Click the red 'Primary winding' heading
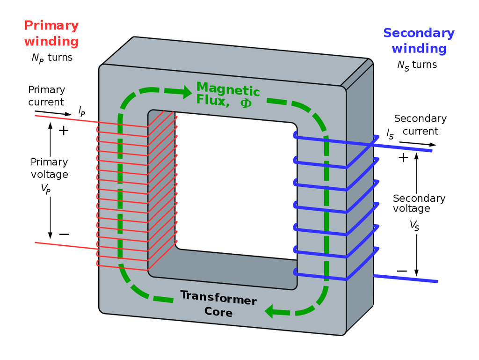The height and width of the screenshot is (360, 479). point(51,33)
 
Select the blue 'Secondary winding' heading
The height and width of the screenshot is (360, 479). point(419,41)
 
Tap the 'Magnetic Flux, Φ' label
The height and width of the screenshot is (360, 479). point(228,95)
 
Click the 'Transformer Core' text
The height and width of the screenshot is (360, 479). point(218,303)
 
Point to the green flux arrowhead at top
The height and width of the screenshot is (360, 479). point(186,90)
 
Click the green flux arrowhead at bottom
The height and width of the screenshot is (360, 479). point(271,310)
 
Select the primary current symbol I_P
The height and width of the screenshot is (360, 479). point(82,111)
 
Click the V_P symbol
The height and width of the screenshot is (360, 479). point(45,189)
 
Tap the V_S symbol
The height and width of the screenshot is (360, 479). point(414,225)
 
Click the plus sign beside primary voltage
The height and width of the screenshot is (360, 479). point(63,131)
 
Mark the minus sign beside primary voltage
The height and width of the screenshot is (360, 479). point(64,234)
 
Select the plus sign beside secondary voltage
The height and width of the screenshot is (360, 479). point(403,158)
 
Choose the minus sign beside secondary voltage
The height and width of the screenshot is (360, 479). point(401,271)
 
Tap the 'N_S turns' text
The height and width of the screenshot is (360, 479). point(417,65)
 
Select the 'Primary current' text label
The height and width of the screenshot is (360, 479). point(46,96)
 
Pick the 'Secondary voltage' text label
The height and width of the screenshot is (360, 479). point(419,203)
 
